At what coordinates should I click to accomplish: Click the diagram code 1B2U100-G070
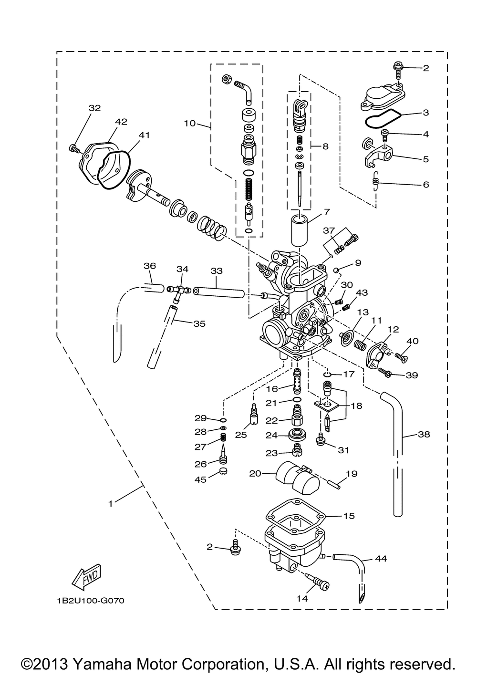tap(91, 601)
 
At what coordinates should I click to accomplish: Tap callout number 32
tap(94, 108)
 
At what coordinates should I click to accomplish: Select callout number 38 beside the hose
tap(424, 434)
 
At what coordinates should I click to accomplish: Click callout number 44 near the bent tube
tap(381, 558)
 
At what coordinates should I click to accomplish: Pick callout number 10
tap(190, 124)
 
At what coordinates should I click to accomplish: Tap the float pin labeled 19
tap(335, 484)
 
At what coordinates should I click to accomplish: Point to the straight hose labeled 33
tap(219, 292)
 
